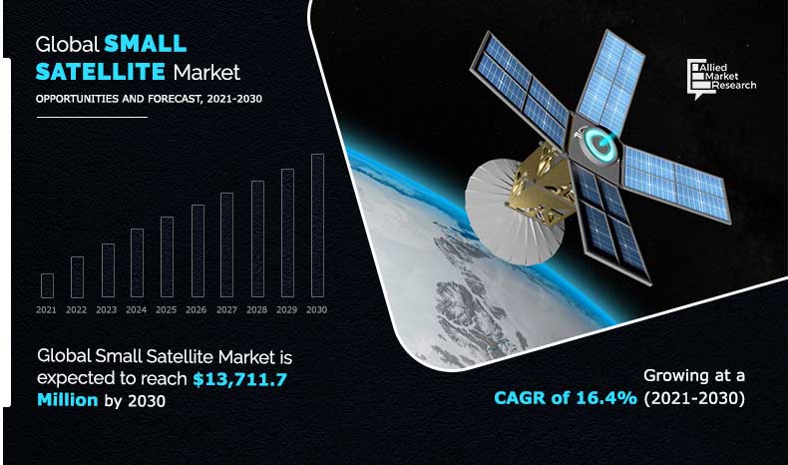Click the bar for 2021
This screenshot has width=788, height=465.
pos(47,285)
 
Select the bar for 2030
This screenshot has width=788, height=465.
pos(317,227)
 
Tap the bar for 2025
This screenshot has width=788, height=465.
pos(167,257)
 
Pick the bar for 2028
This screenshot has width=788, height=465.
pos(257,239)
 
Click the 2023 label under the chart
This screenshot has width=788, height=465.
pos(106,310)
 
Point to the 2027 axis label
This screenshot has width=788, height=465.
pos(226,310)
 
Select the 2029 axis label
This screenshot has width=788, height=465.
pos(287,310)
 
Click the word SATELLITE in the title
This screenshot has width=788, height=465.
pos(101,72)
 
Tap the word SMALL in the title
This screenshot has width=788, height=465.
pos(145,44)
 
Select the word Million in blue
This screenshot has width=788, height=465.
pos(68,400)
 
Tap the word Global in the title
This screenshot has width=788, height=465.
pos(68,44)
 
